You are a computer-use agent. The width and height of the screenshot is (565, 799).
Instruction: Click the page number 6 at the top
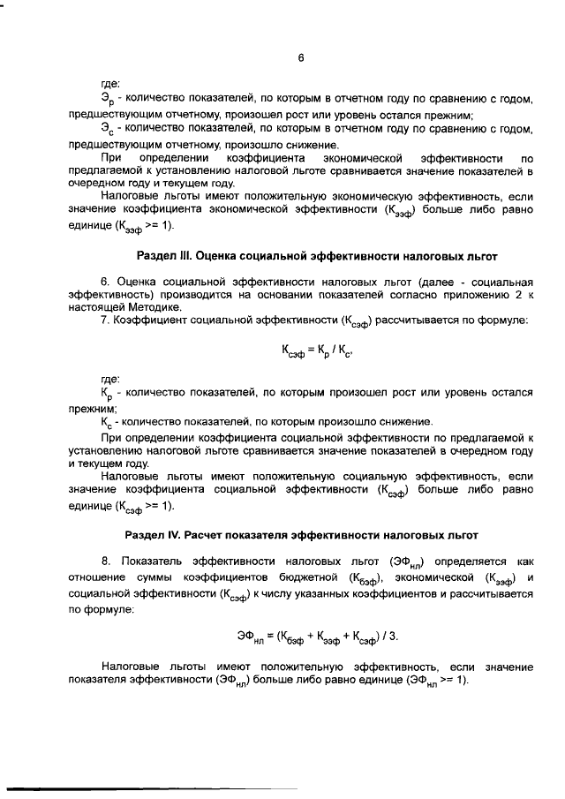(x=301, y=58)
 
